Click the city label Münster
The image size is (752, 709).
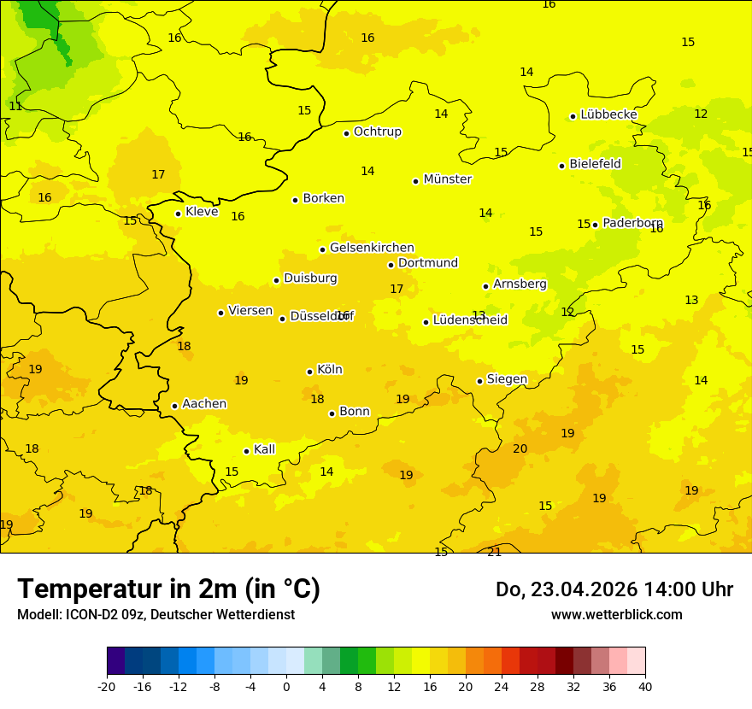447,179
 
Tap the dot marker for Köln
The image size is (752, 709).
309,372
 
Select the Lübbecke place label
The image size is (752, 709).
608,114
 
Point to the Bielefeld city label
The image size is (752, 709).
595,163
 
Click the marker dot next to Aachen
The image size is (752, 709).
174,406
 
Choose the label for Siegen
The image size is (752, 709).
507,379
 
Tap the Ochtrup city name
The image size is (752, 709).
377,132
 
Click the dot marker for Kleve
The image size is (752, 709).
178,214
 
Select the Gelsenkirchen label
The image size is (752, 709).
372,248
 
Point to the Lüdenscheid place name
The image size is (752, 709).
470,320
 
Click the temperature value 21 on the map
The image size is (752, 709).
494,552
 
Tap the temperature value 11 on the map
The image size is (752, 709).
15,107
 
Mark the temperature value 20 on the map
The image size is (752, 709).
520,448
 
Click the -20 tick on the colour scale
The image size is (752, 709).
107,686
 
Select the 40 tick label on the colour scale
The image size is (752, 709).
644,686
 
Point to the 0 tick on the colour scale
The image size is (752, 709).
286,686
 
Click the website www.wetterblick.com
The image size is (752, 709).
616,615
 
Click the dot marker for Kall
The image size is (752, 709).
246,451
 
